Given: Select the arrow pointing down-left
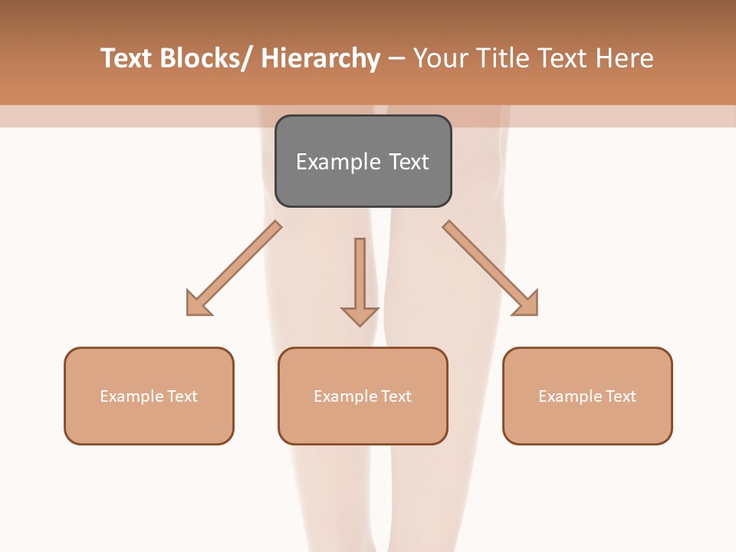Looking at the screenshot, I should click(x=234, y=268).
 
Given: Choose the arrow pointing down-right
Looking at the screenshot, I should click(x=491, y=268).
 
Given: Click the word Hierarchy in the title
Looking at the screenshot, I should click(x=320, y=58).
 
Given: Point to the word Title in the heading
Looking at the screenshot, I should click(x=503, y=58).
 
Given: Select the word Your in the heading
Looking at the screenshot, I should click(x=440, y=58).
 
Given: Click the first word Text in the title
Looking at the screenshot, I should click(x=127, y=58).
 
